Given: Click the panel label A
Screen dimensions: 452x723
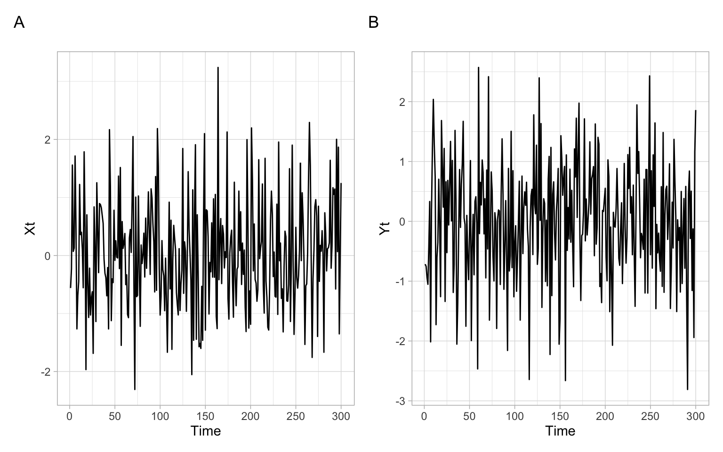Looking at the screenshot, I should tap(19, 22).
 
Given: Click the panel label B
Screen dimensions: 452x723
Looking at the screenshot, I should tap(373, 22).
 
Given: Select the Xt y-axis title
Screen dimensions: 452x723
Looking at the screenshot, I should tap(30, 229).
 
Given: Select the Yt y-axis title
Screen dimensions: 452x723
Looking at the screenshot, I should tap(385, 229).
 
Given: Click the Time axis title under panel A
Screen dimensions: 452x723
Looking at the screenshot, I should tap(206, 431).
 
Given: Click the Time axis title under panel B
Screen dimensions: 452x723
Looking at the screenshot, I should tap(560, 431).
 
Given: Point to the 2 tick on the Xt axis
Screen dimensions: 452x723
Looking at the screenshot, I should tap(47, 140).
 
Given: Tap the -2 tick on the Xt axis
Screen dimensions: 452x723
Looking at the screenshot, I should tap(45, 372).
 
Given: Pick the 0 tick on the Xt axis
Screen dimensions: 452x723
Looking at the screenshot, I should tap(47, 256).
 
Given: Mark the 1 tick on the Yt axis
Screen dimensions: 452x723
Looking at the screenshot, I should tap(402, 162).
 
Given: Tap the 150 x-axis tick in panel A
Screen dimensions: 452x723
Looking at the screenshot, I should tap(205, 416).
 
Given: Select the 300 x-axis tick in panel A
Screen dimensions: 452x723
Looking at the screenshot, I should tap(341, 416).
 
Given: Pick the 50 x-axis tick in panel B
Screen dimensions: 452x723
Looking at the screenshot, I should tap(469, 416).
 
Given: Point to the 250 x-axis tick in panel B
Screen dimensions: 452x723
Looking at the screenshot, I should tap(650, 416).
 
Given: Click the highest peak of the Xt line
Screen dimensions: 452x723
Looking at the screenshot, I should tap(218, 67).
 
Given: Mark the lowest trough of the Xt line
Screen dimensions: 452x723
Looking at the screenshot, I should tap(135, 389).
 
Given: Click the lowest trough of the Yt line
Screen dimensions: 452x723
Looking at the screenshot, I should tap(687, 389).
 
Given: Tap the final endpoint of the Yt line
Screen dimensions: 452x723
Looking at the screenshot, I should tap(695, 111).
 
